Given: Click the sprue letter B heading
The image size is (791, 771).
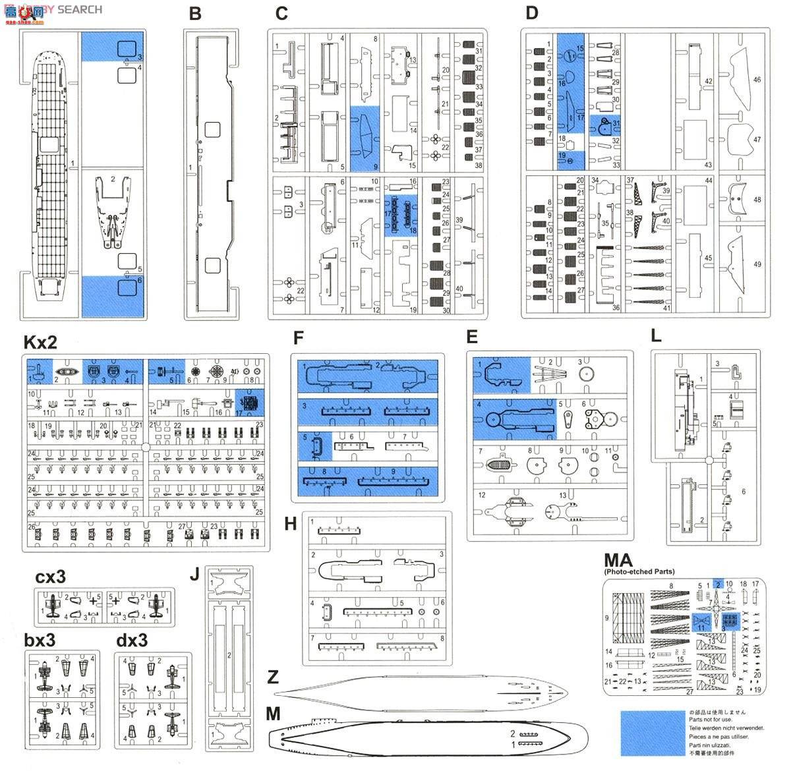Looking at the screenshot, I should (x=194, y=14).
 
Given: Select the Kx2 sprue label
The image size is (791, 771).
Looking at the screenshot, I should (x=40, y=343).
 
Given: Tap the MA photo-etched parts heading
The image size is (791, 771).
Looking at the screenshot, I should (x=619, y=561).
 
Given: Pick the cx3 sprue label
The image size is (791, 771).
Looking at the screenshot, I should (x=51, y=577).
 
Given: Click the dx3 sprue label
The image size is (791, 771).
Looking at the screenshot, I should (x=131, y=641).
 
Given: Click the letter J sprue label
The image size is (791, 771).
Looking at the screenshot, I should (x=194, y=573).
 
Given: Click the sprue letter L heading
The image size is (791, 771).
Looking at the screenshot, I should (x=655, y=335).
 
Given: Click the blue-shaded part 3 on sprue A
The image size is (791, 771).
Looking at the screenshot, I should (x=127, y=48).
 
